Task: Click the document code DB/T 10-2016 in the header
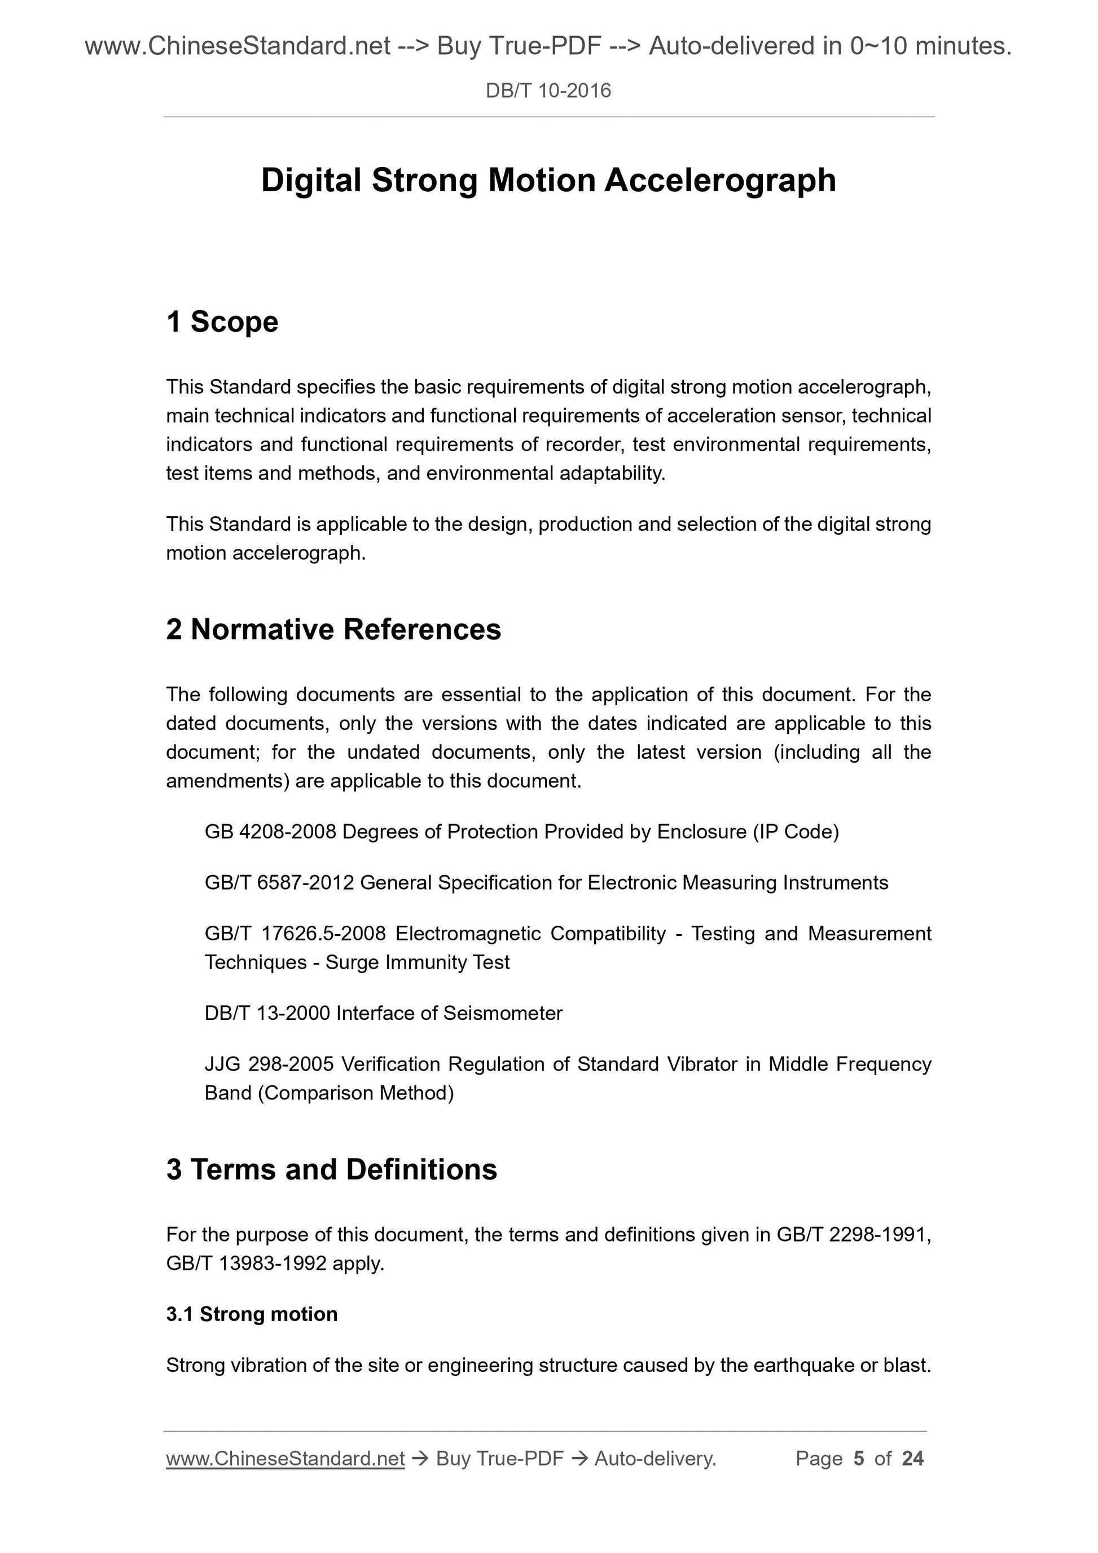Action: [x=548, y=91]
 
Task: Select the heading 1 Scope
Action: [x=222, y=322]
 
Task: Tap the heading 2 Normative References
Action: [x=333, y=630]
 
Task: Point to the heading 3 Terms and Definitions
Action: [x=332, y=1169]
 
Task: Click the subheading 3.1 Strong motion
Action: [x=252, y=1314]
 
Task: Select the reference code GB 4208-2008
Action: [x=270, y=832]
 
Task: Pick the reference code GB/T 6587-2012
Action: [x=279, y=883]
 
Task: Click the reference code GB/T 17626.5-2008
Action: [x=295, y=934]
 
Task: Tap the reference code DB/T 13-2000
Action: [x=267, y=1013]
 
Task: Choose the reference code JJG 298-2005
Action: [x=269, y=1064]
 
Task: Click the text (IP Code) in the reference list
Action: [x=796, y=832]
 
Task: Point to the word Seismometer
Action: [x=503, y=1013]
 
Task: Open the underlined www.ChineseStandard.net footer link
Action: [x=285, y=1459]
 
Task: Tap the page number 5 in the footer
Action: [x=859, y=1459]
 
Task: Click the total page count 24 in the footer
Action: [x=912, y=1459]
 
